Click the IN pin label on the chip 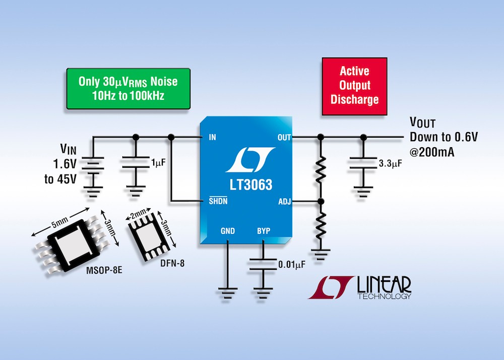point(213,137)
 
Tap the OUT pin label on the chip point(284,138)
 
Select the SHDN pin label point(218,201)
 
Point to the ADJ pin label point(284,202)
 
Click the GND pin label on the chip point(228,231)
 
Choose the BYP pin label point(264,231)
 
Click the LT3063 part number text point(251,185)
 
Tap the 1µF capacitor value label point(158,162)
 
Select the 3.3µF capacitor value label point(390,163)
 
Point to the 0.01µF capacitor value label point(292,265)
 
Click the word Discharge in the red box point(354,99)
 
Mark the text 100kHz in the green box point(147,95)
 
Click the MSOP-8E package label point(104,270)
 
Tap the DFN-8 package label point(172,263)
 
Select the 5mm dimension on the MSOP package point(60,222)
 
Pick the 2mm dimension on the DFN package point(139,213)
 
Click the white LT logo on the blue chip point(250,160)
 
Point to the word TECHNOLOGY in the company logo point(385,296)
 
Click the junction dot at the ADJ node point(321,202)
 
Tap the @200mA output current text point(432,152)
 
